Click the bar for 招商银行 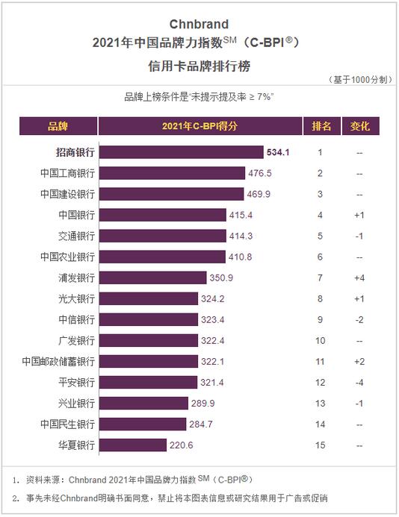click(182, 152)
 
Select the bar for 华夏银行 click(133, 445)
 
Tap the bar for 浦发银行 click(153, 278)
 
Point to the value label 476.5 click(260, 173)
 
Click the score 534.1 click(278, 152)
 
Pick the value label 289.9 click(202, 404)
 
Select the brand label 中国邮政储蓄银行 click(58, 362)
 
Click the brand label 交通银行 click(77, 236)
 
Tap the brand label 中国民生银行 click(68, 424)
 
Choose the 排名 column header click(322, 126)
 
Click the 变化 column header click(360, 126)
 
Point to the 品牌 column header click(58, 126)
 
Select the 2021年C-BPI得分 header click(200, 126)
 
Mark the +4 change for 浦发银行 click(359, 278)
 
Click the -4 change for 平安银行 click(359, 383)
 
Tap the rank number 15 click(320, 445)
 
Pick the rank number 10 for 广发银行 click(320, 341)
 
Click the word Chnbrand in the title click(199, 25)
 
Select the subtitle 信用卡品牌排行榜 click(199, 66)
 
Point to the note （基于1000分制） click(360, 80)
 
